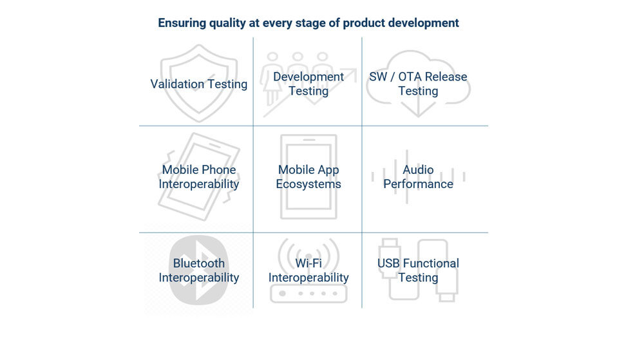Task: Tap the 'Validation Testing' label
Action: pos(198,84)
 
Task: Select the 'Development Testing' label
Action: pos(308,84)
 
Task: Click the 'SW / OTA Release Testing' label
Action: pos(418,84)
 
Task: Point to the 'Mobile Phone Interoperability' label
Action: pos(199,177)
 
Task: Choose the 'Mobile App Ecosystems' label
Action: pos(308,177)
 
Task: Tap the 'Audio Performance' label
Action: pos(418,177)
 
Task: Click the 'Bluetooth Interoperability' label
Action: pos(199,270)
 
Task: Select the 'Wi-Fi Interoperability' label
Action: pos(308,270)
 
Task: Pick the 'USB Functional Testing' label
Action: pos(418,270)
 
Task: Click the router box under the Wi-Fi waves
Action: pos(308,294)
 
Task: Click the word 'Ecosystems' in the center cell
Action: pos(308,184)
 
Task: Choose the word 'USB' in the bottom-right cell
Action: pos(389,263)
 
